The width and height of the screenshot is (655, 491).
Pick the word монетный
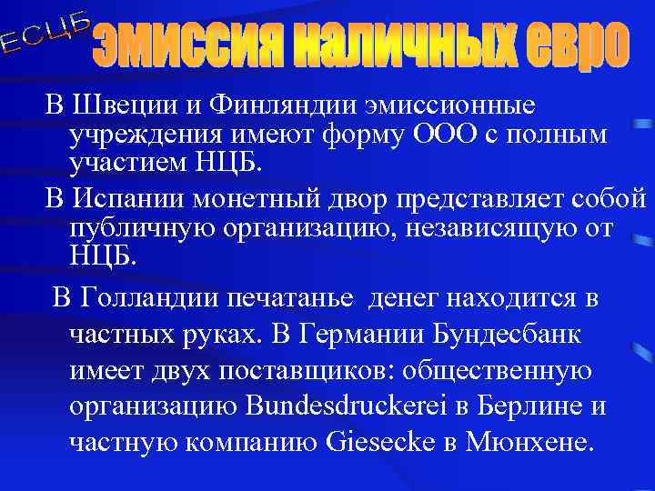240,197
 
